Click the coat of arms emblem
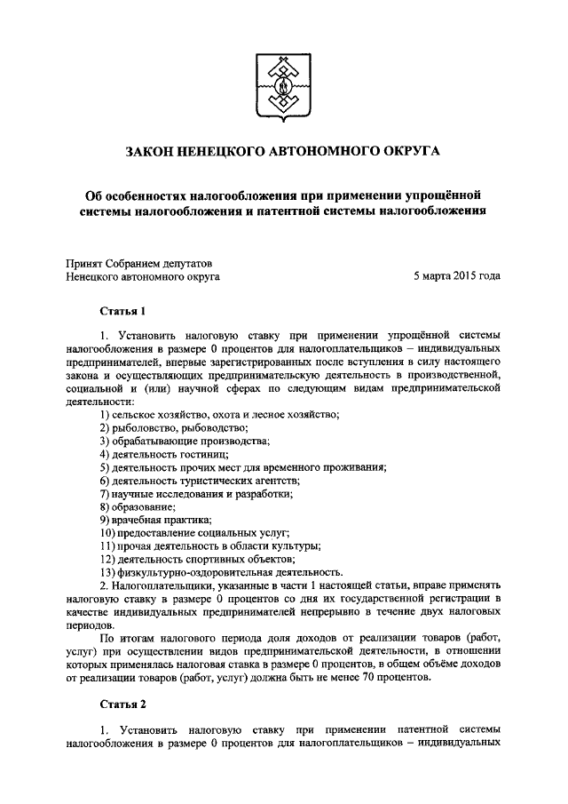click(283, 81)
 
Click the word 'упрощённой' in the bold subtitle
click(452, 194)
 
